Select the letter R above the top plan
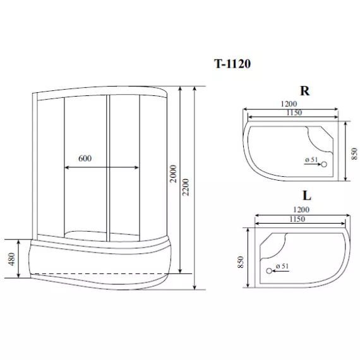point(304,91)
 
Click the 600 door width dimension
point(87,159)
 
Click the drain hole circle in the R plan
point(324,164)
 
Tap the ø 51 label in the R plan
point(310,160)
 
